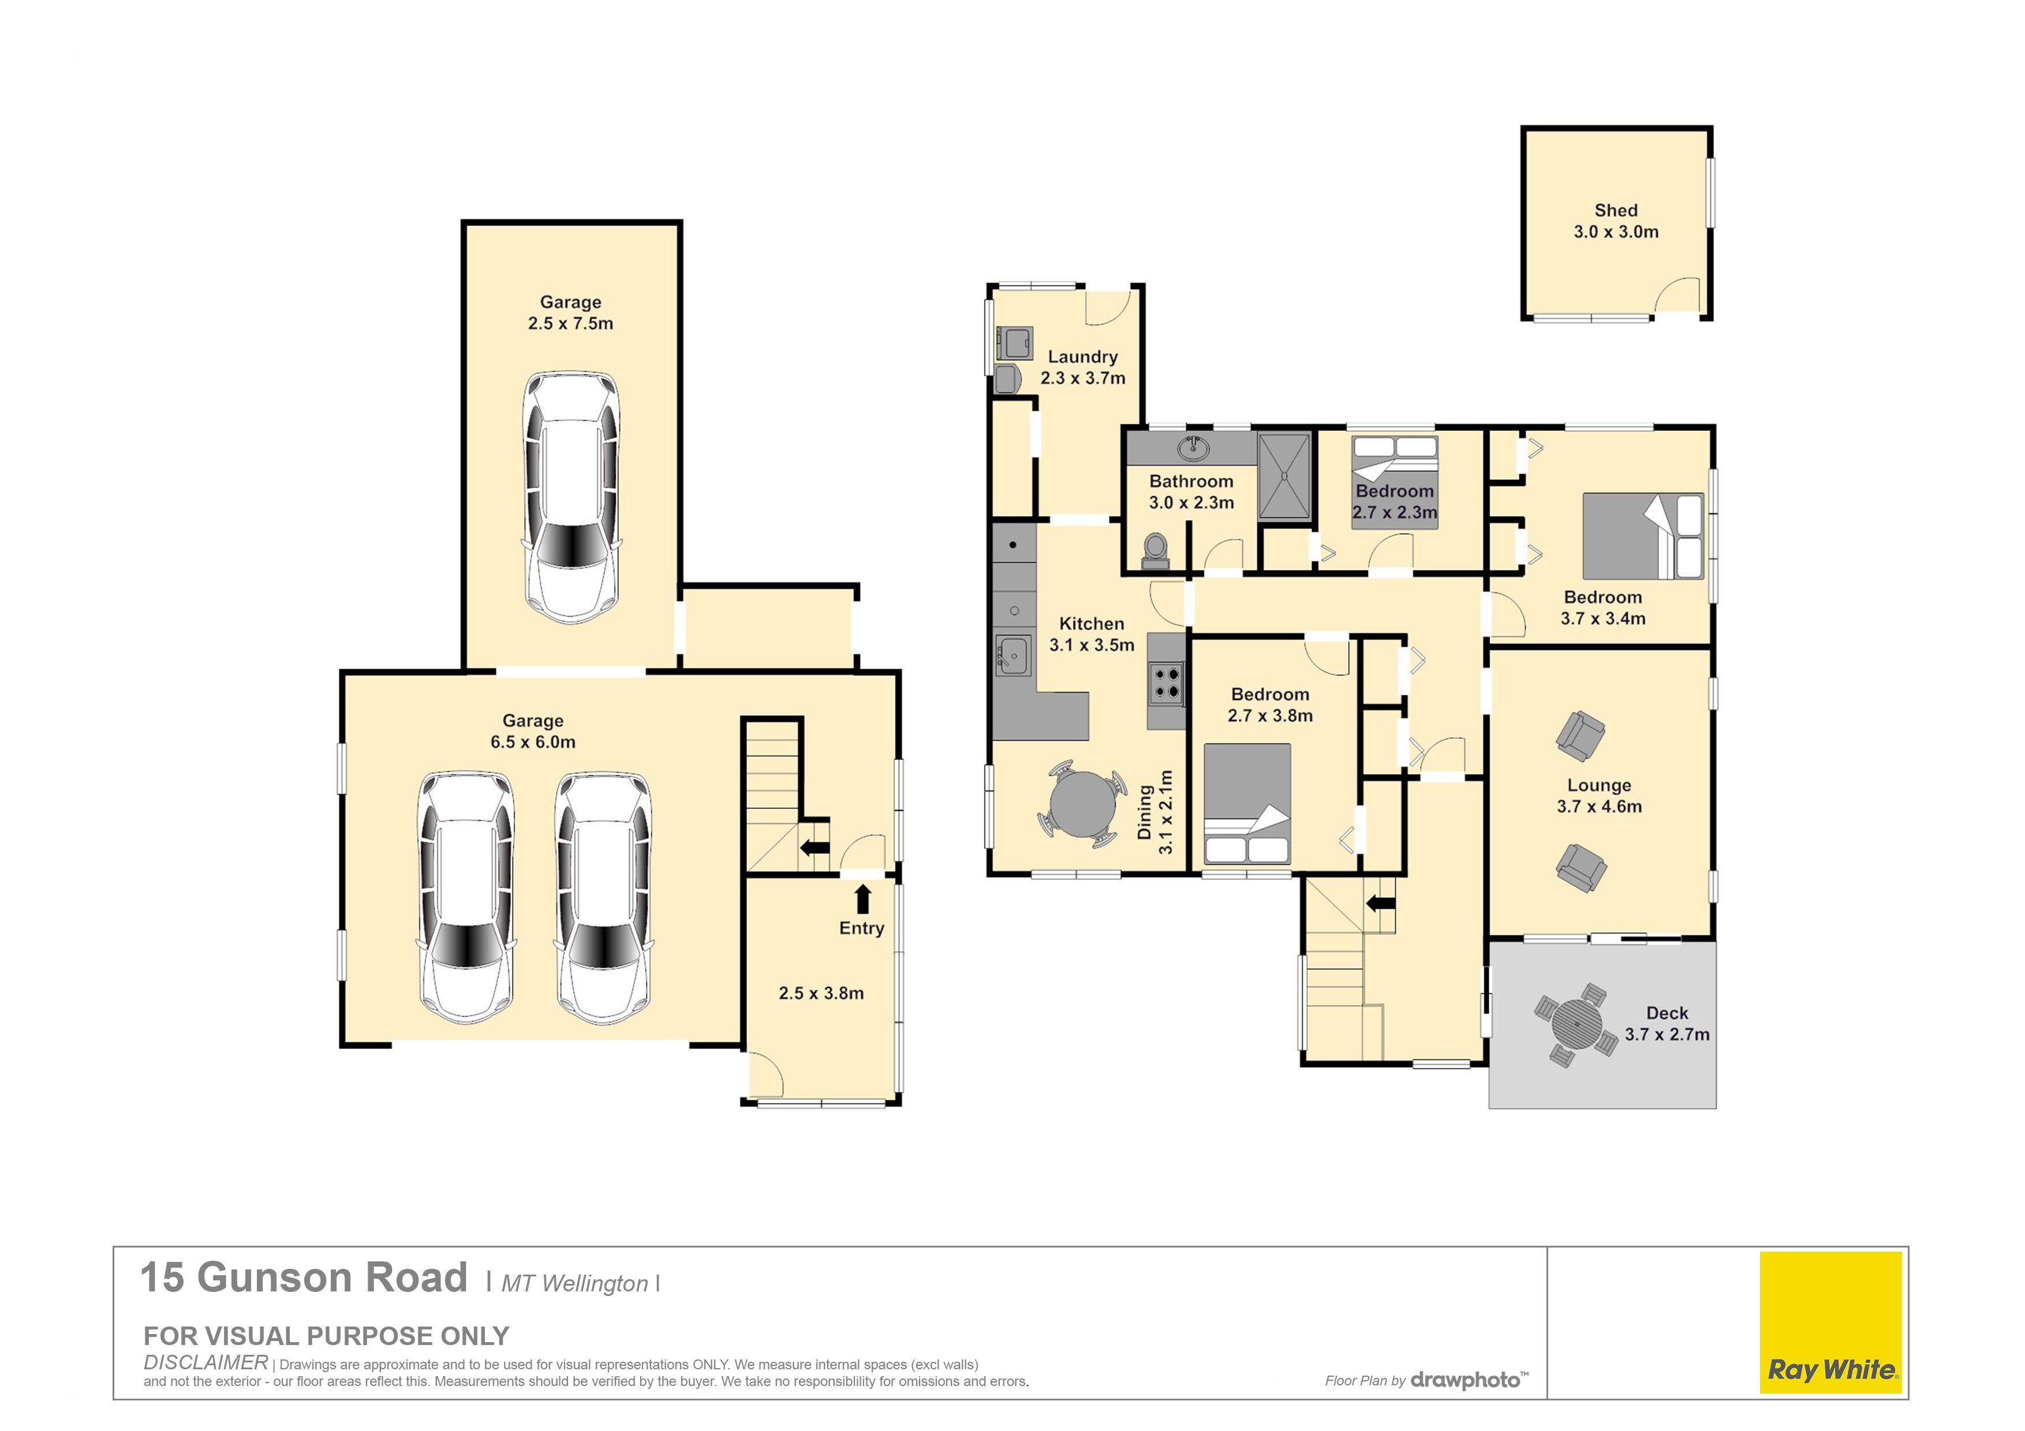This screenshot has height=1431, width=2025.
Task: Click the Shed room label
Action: [x=1616, y=211]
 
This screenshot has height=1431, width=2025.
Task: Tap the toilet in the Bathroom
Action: [x=1156, y=550]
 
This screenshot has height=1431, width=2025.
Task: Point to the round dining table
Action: [x=1082, y=805]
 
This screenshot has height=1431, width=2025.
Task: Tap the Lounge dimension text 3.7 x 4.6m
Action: [x=1599, y=807]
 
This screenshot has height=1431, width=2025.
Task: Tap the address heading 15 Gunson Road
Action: [x=304, y=1278]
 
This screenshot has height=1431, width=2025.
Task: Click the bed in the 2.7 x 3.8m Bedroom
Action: [x=1247, y=804]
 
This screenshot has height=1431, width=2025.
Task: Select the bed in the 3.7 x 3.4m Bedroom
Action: [x=1643, y=536]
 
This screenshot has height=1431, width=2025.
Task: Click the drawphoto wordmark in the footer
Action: [x=1469, y=1380]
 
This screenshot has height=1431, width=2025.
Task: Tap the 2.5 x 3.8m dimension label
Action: [x=821, y=994]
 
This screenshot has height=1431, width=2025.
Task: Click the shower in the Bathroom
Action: [x=1284, y=477]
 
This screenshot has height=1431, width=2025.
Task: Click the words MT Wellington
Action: [x=575, y=1284]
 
